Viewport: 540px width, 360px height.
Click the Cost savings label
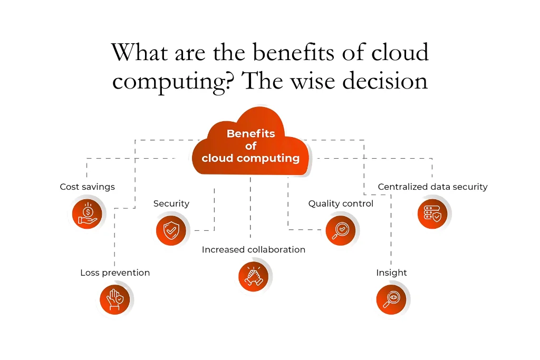(87, 187)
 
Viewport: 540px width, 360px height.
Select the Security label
(171, 203)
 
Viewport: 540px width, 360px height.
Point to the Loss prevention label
(115, 273)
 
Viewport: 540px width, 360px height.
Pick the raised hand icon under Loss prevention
(115, 299)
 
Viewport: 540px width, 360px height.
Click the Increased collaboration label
(253, 250)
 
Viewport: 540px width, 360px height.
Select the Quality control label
(341, 203)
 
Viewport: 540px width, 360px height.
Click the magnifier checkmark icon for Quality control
(341, 230)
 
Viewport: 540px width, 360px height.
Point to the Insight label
(391, 273)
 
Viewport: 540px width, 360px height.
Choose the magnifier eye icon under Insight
(391, 299)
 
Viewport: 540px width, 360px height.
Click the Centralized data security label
(432, 187)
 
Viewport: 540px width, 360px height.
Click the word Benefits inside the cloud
(250, 134)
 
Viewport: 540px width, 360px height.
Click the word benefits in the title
(285, 52)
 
